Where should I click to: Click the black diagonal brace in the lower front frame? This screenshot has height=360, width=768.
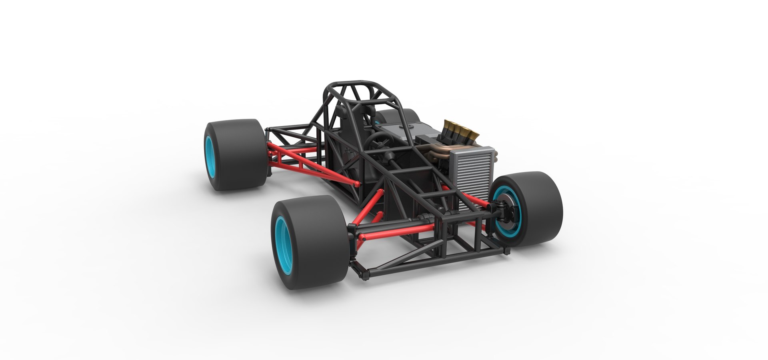(400, 260)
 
